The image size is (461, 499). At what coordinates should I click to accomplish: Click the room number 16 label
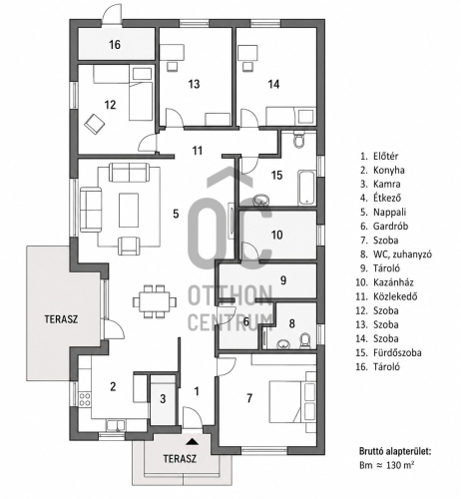(x=115, y=45)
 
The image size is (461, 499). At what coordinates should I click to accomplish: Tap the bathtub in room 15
(x=306, y=188)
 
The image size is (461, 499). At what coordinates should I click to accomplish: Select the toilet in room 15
(x=299, y=140)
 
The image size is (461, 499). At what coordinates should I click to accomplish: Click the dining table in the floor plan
(x=155, y=301)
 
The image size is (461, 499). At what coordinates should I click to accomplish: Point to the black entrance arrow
(x=192, y=441)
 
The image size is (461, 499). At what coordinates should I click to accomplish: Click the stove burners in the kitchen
(x=85, y=399)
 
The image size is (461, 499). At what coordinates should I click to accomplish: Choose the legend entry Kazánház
(x=385, y=282)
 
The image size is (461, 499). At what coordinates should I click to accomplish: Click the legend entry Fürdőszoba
(x=388, y=352)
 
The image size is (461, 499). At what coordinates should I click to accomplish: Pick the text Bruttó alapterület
(x=395, y=451)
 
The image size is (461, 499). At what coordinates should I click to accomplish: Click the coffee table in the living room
(x=129, y=210)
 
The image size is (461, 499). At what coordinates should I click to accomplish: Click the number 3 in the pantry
(x=163, y=398)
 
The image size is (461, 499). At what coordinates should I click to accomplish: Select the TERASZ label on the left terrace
(x=61, y=319)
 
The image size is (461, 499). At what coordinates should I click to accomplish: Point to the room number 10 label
(x=277, y=235)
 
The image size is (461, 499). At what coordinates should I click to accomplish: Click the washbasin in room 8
(x=282, y=344)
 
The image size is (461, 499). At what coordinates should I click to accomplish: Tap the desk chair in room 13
(x=173, y=66)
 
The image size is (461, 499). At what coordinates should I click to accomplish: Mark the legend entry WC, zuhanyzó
(x=396, y=254)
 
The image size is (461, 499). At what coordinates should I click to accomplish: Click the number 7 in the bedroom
(x=249, y=397)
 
